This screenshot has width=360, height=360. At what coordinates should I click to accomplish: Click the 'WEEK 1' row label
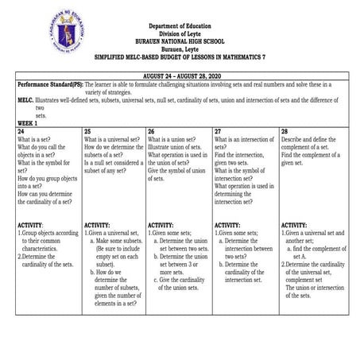[x=29, y=123]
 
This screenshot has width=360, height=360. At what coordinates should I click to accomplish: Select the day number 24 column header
[x=21, y=130]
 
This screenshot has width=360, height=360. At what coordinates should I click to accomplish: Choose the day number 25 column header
[x=87, y=130]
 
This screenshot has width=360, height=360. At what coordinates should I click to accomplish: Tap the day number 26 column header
[x=151, y=130]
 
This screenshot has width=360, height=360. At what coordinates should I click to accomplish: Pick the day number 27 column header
[x=218, y=130]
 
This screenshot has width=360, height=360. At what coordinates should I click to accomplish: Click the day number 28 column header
[x=284, y=130]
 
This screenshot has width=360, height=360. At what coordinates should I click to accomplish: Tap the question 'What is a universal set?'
[x=117, y=138]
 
